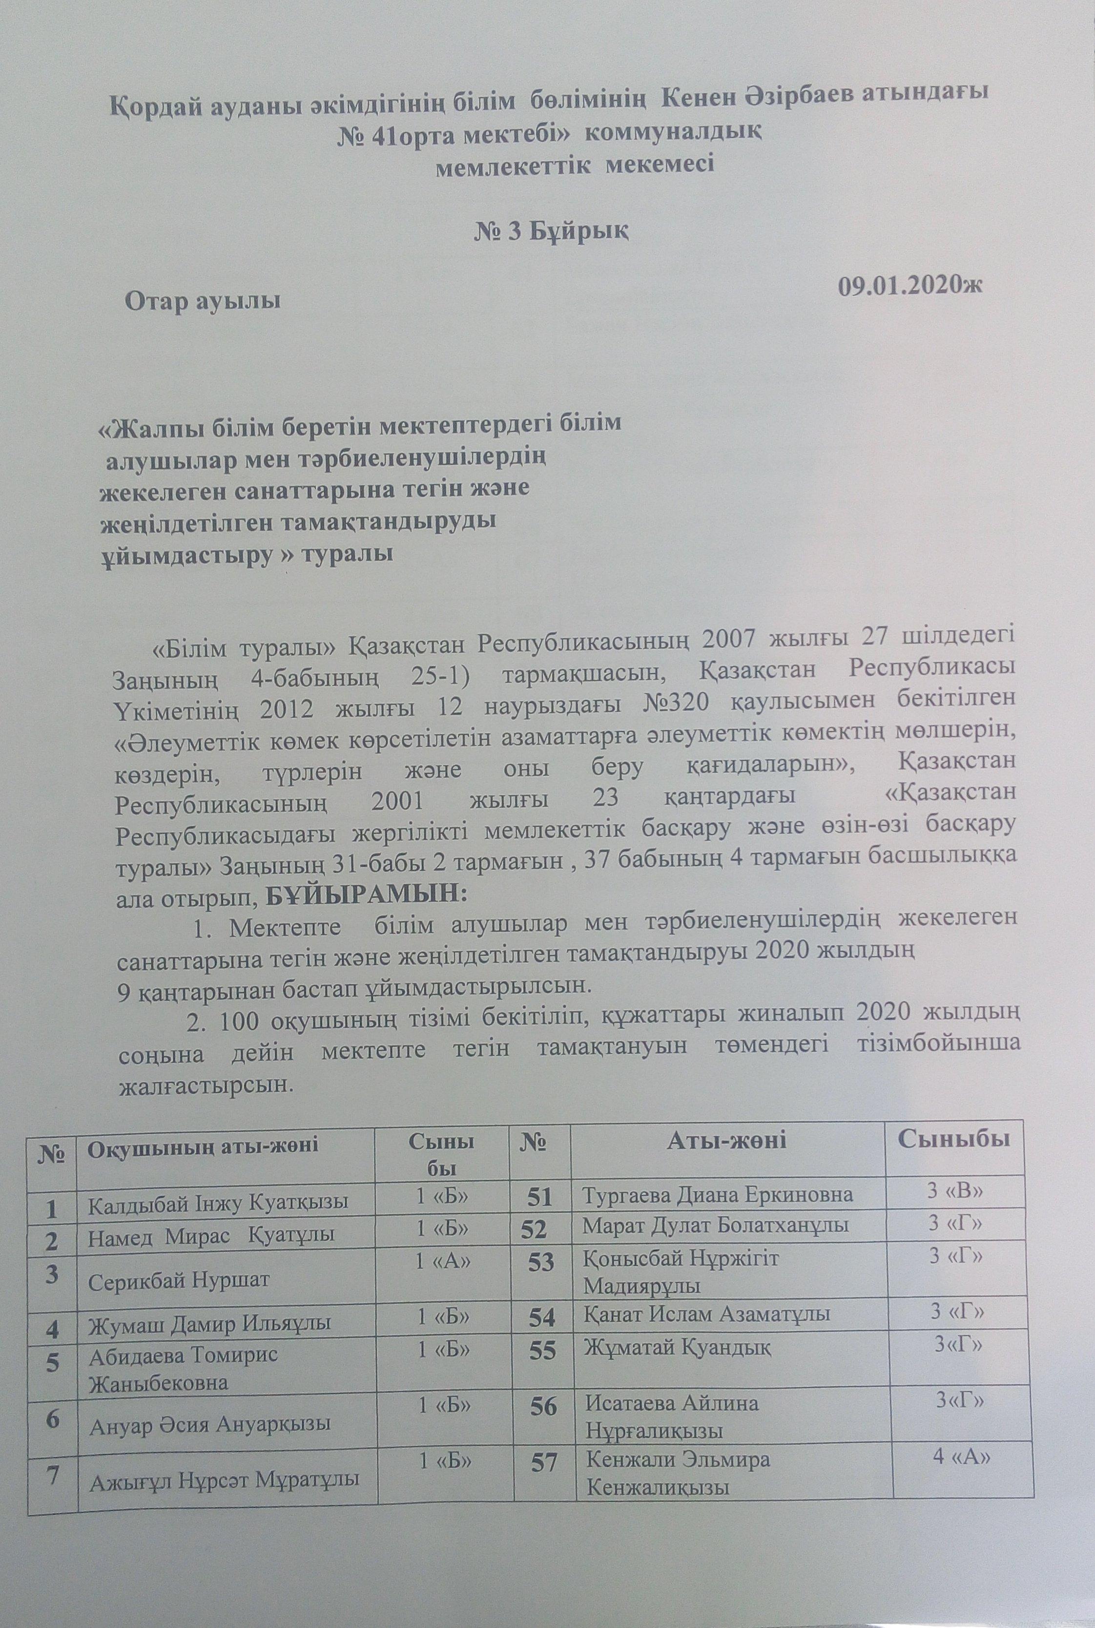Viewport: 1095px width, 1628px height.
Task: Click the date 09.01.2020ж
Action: point(911,287)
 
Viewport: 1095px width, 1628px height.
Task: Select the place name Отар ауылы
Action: point(203,302)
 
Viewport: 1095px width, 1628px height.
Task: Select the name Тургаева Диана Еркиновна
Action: point(719,1194)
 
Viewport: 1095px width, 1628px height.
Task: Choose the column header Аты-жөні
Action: point(727,1141)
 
